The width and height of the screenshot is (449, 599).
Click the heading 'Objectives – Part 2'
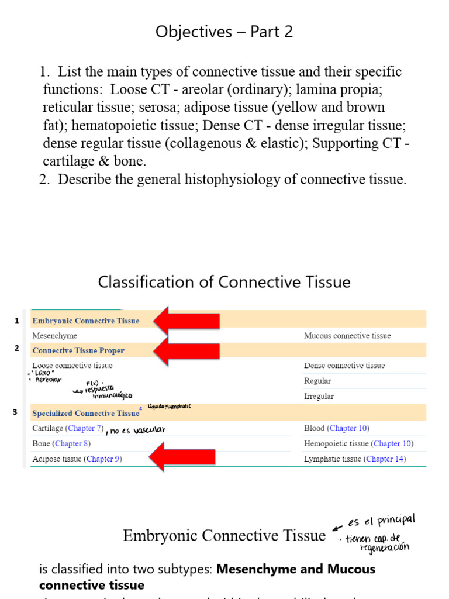point(224,32)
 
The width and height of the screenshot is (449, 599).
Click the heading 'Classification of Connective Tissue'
point(224,282)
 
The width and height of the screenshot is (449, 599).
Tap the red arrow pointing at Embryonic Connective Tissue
point(186,321)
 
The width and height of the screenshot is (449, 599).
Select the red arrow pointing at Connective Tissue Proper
point(186,351)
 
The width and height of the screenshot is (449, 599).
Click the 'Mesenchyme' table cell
point(54,336)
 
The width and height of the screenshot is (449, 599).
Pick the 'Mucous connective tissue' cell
point(347,336)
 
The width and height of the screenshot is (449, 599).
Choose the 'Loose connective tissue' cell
point(72,366)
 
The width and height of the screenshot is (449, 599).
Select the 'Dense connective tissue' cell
point(344,366)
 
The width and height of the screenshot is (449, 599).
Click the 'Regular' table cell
point(317,381)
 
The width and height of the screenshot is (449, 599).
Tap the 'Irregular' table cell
point(319,396)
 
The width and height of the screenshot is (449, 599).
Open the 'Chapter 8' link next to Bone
point(68,443)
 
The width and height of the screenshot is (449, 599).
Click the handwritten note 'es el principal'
point(381,520)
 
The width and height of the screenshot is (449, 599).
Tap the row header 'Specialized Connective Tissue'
point(86,413)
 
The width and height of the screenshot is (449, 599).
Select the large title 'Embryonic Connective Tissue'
point(224,536)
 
